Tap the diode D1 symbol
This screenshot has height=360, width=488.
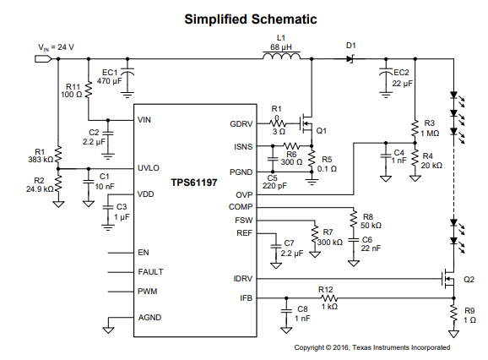point(350,58)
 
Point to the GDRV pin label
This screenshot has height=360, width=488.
point(241,124)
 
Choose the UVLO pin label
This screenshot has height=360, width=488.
point(148,168)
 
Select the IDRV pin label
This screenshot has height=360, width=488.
point(241,278)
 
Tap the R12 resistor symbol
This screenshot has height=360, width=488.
point(327,297)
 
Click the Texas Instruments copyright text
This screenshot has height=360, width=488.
point(371,347)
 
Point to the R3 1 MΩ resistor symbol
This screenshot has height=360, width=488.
point(415,130)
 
